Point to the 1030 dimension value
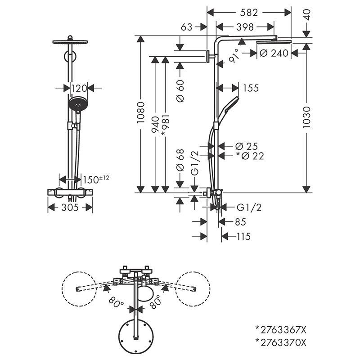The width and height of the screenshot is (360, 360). point(306,118)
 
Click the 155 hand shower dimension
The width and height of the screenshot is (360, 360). point(250,88)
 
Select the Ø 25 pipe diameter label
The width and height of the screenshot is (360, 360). point(246,146)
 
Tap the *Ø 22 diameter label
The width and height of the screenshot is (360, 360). point(250,156)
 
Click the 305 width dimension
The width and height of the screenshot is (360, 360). point(70,207)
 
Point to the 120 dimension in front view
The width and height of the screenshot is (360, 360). point(78,88)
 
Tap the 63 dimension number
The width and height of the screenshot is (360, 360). point(187,27)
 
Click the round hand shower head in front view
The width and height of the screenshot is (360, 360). point(77,104)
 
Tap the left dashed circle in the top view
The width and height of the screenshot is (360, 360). point(80,288)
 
